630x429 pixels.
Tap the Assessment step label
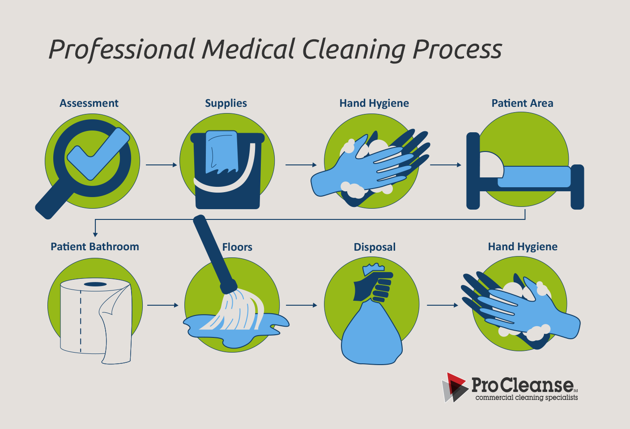[x=89, y=103]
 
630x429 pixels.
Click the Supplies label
[x=226, y=103]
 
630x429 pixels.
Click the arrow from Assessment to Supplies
[x=161, y=165]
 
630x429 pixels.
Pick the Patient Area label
[x=522, y=103]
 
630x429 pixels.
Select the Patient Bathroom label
[x=95, y=247]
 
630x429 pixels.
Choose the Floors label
[x=237, y=247]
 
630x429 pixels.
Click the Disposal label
[x=375, y=247]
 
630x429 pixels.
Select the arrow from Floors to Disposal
[x=301, y=305]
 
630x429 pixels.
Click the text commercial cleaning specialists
[x=526, y=397]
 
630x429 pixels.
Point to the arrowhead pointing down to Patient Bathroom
[x=95, y=234]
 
